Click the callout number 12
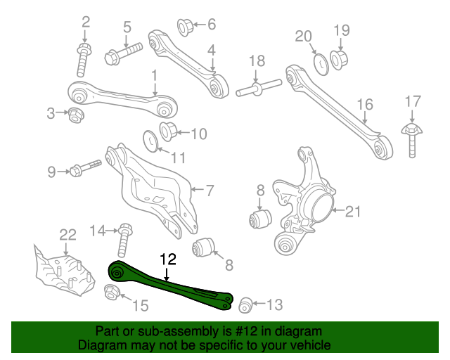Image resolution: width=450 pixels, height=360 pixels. point(167,259)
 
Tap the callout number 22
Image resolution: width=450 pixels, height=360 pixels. point(67,235)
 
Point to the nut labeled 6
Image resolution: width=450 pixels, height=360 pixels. point(186,27)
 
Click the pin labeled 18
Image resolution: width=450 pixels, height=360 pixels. point(259,89)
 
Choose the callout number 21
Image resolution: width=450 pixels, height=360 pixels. point(353,210)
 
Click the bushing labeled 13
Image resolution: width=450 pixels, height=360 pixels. point(245,304)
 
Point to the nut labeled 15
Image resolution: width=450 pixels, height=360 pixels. point(112,292)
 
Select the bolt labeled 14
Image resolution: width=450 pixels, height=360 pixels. point(124,240)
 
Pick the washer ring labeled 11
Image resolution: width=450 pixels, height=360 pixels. point(151,139)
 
